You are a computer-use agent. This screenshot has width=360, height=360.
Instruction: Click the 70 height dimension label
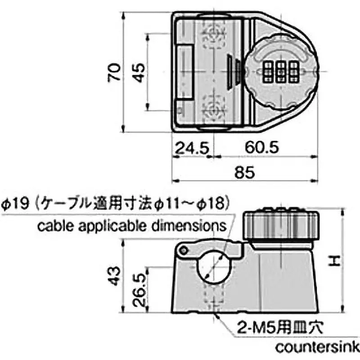point(115,72)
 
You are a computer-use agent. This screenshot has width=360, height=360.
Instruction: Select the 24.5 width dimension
point(191,147)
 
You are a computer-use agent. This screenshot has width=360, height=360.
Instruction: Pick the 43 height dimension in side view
point(115,275)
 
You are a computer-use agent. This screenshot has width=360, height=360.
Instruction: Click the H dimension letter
point(333,260)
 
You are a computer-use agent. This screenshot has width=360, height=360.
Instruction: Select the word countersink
point(317,348)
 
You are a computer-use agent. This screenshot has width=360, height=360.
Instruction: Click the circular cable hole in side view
point(213,267)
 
